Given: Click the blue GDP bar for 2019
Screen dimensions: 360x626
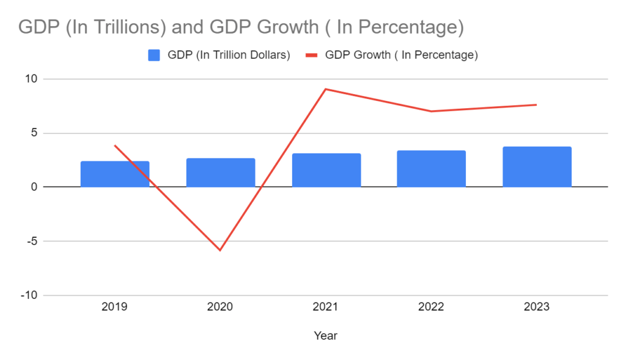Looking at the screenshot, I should (x=115, y=174).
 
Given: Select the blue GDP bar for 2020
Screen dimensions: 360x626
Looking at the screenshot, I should (x=220, y=172).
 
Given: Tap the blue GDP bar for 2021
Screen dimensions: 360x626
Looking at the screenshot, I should (x=326, y=170).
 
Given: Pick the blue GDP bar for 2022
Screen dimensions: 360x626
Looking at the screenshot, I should (x=431, y=169).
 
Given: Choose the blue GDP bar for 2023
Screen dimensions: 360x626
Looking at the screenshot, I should (x=537, y=167).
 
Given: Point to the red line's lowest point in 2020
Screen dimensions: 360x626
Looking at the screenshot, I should (x=220, y=250).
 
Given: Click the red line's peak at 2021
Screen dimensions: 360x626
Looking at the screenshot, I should (x=326, y=89).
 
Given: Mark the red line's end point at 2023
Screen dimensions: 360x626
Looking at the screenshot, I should (x=536, y=105).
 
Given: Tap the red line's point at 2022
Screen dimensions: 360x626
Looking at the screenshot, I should (x=431, y=111).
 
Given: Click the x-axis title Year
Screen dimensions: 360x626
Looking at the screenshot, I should (x=325, y=336).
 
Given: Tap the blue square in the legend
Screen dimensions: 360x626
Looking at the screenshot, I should (x=154, y=55).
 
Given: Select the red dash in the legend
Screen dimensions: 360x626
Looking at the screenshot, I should (x=311, y=55).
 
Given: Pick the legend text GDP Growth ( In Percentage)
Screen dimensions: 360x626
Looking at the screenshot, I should (x=401, y=55).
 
